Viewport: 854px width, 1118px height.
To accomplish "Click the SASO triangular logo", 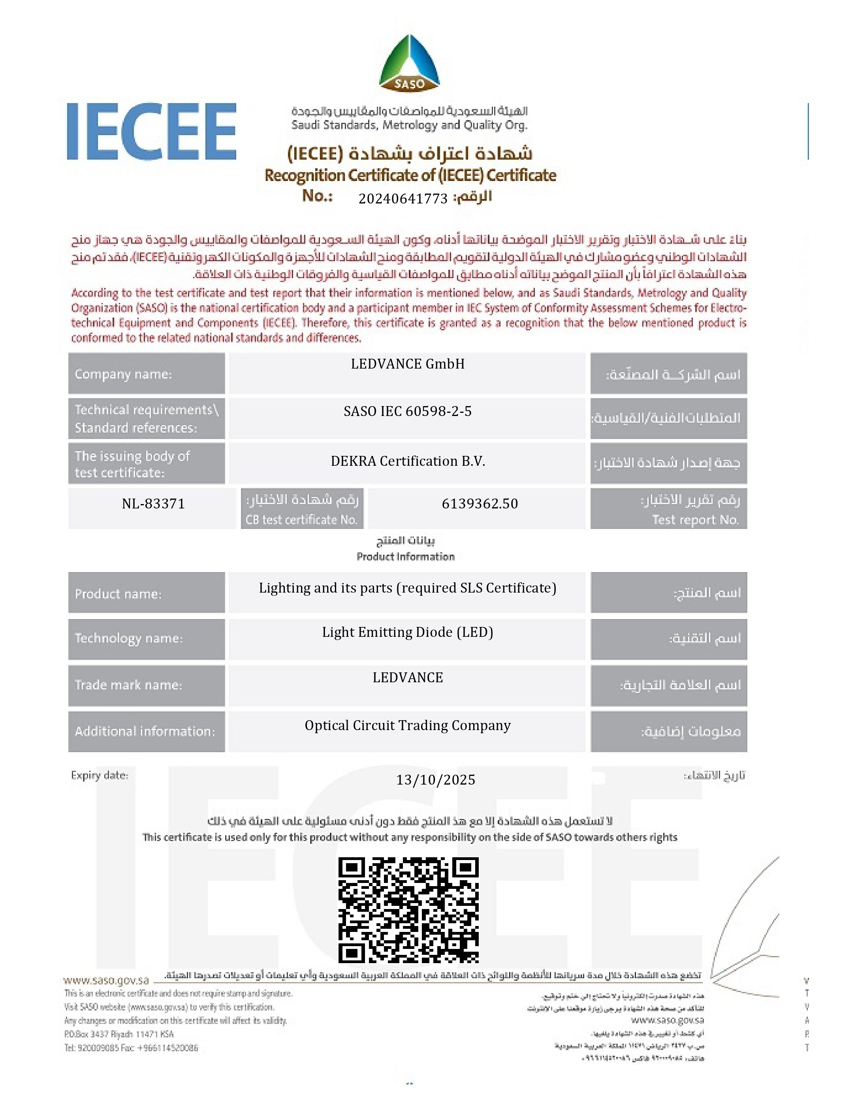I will [x=409, y=64].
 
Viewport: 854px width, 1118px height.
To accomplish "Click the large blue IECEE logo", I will [x=151, y=131].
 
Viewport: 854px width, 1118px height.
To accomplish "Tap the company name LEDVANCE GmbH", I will [x=408, y=364].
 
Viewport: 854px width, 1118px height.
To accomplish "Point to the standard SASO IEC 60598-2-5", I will [x=408, y=411].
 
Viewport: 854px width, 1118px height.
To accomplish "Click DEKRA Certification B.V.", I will [x=408, y=461].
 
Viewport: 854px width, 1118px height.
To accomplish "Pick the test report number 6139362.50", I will [x=480, y=504].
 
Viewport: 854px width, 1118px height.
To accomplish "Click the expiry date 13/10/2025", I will [x=436, y=780].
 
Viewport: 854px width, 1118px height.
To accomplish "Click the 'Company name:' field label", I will [x=124, y=374].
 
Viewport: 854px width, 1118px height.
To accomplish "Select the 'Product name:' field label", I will [x=118, y=594].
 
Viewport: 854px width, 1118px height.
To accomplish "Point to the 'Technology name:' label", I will [x=129, y=638].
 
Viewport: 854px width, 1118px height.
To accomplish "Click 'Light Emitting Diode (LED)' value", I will [x=408, y=632].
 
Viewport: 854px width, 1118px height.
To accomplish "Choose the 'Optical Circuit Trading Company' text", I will [x=408, y=725].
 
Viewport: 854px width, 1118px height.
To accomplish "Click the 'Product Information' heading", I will [x=406, y=557].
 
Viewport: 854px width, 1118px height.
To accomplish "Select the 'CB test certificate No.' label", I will [x=301, y=519].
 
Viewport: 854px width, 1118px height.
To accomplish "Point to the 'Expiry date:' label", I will [x=100, y=775].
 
